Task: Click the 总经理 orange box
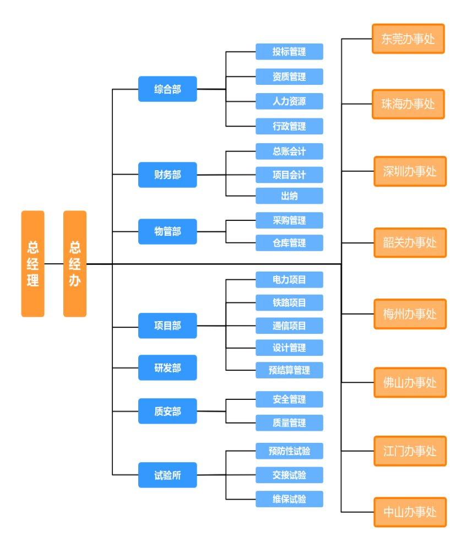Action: [32, 263]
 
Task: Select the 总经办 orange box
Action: [74, 263]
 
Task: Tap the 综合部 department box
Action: [167, 89]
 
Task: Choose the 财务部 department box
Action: [167, 175]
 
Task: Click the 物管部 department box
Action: [167, 231]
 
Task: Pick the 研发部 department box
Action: [167, 367]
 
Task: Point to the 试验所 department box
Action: [167, 475]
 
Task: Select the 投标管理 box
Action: [289, 52]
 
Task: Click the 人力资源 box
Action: [289, 101]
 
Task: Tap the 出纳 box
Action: [289, 196]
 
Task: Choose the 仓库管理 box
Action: [289, 243]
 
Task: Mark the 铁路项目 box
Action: [289, 302]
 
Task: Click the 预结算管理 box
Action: [289, 370]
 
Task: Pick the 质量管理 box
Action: [289, 423]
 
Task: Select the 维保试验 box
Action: [289, 499]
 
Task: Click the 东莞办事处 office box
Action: [408, 39]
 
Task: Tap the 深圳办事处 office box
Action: [410, 171]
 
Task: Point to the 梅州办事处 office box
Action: [410, 314]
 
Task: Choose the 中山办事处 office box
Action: [410, 512]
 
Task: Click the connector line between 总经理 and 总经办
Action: [53, 264]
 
